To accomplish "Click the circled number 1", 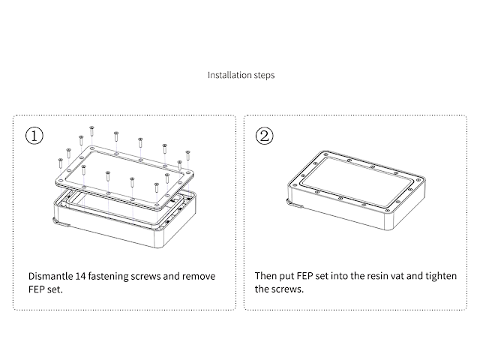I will (x=34, y=136).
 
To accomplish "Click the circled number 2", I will (x=265, y=136).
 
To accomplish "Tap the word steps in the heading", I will (x=262, y=75).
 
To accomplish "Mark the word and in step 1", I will (x=180, y=276).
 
